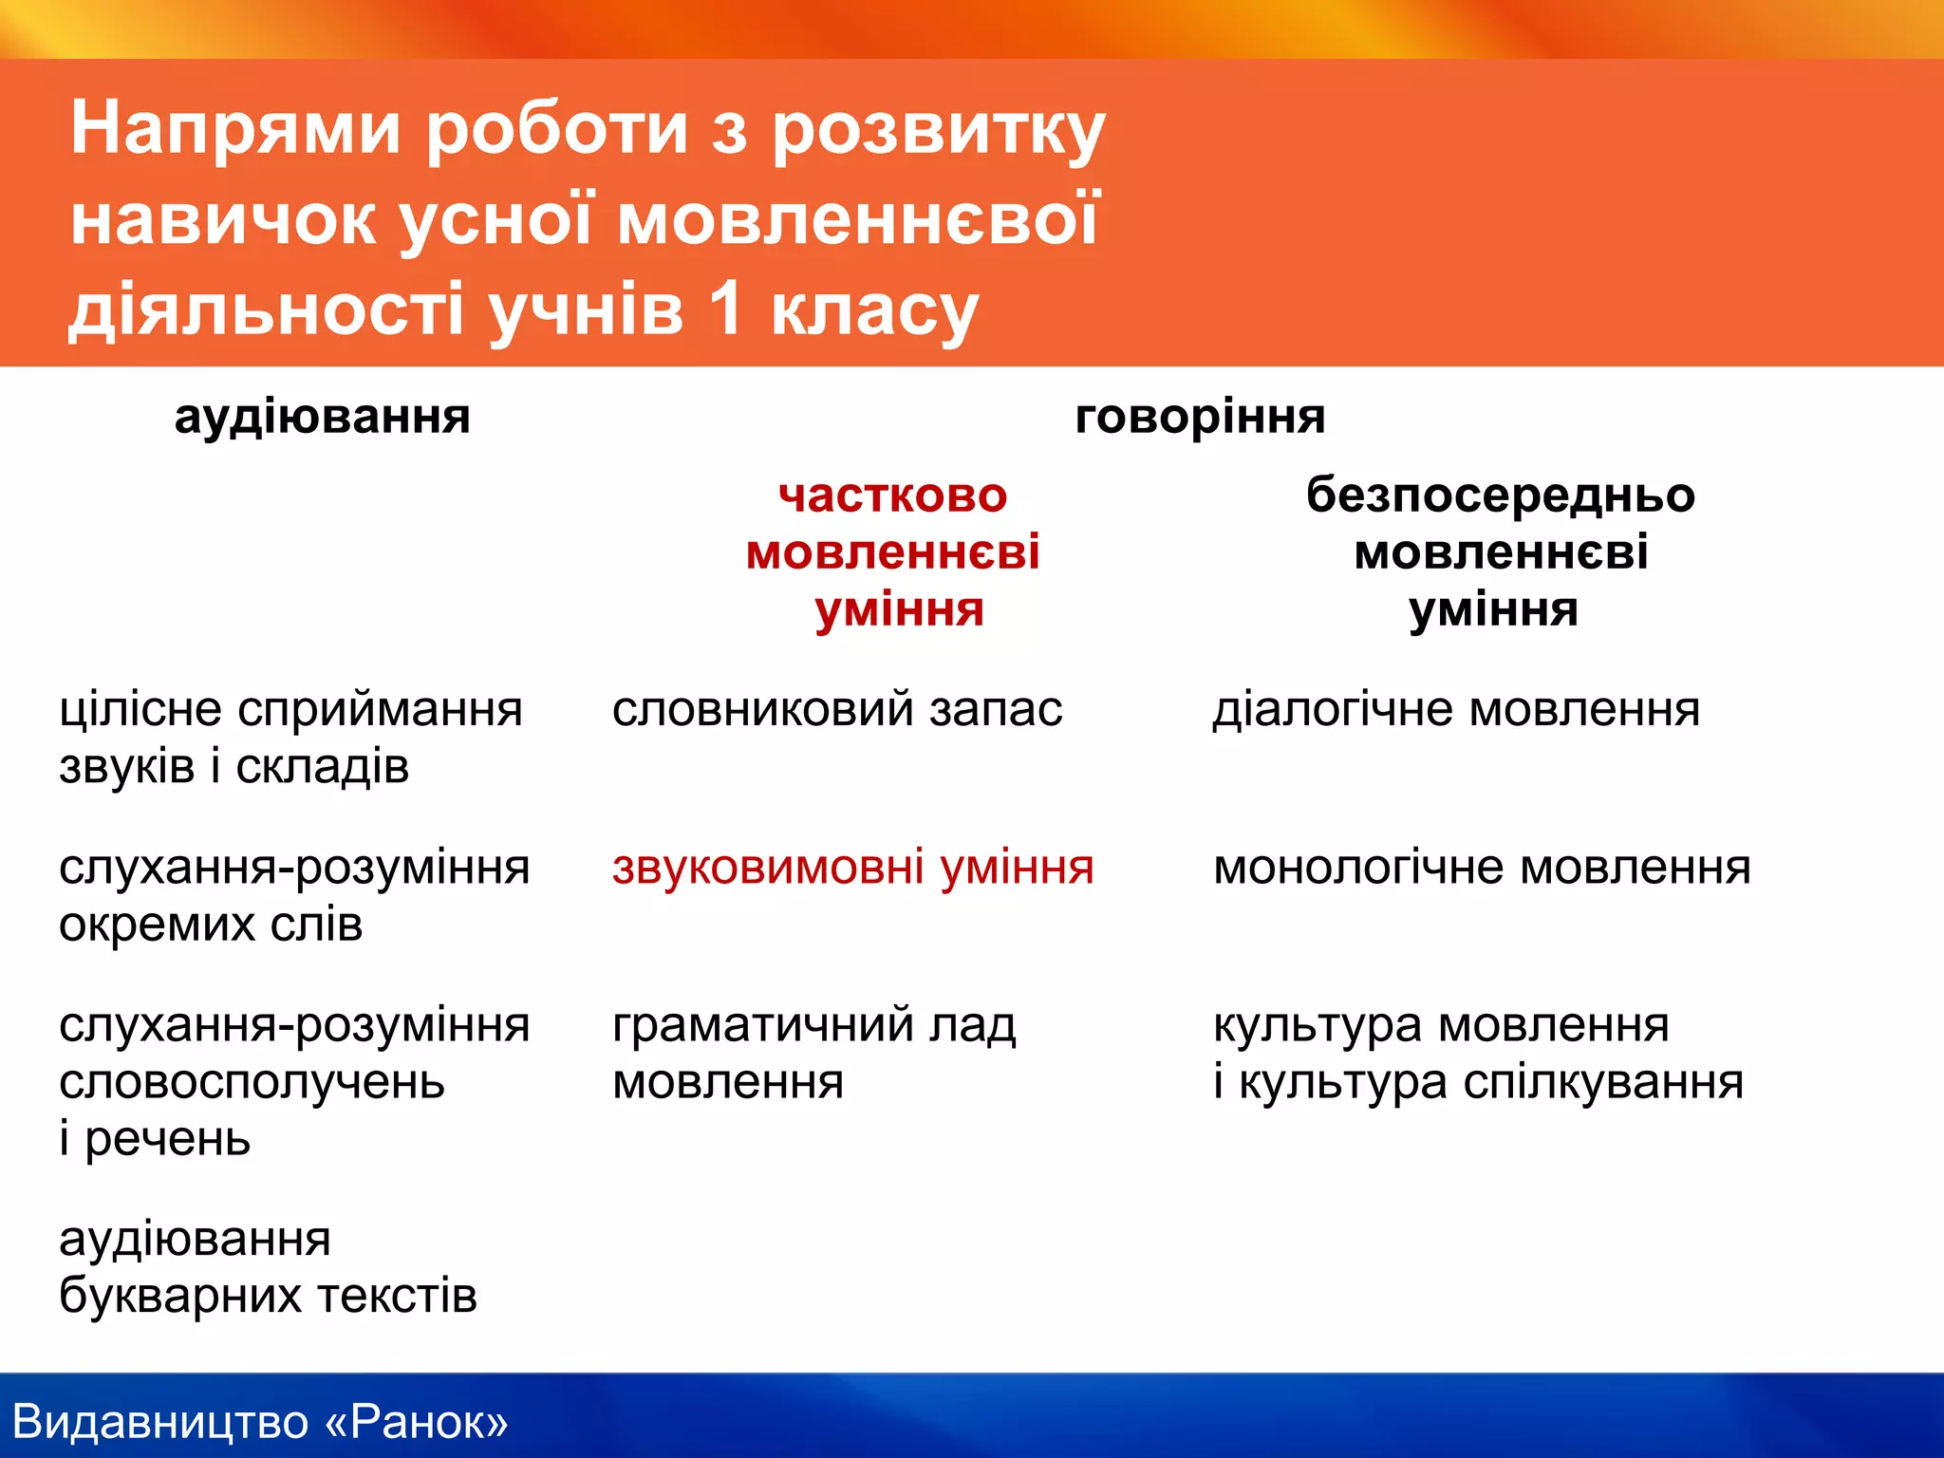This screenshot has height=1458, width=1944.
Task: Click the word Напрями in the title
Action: (x=235, y=129)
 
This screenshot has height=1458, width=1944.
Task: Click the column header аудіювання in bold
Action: (x=322, y=418)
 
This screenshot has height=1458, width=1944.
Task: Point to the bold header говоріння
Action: (x=1200, y=418)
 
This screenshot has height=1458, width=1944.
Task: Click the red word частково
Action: (x=892, y=496)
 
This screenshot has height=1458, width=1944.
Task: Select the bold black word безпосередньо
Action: (x=1500, y=496)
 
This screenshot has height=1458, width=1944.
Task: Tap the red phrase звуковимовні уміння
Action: (x=852, y=868)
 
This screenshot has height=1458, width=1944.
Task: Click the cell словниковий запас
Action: (x=836, y=710)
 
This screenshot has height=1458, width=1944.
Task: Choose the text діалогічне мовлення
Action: (x=1456, y=710)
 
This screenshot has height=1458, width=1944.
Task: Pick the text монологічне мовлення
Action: (x=1481, y=868)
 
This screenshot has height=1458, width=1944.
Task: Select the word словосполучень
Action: (x=252, y=1083)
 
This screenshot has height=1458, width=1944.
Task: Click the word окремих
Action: (x=157, y=925)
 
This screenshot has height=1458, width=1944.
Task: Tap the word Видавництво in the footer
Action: (x=160, y=1422)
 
